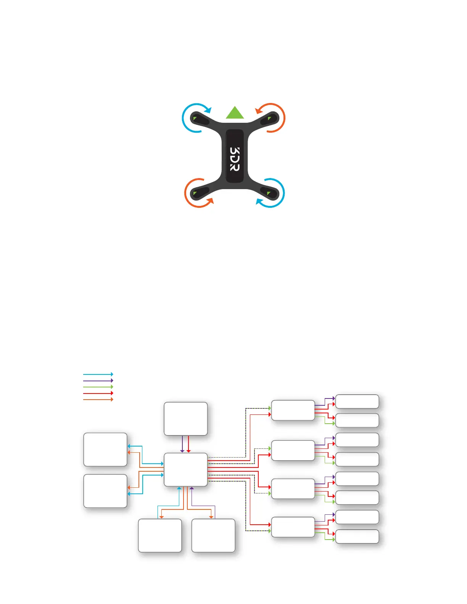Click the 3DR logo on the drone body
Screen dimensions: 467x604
coord(235,159)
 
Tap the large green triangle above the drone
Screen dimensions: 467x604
coord(235,113)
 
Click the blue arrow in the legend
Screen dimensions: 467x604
coord(98,374)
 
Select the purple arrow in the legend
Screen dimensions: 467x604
coord(98,381)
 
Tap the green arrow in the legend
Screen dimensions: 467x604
coord(98,387)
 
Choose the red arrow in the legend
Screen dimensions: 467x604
coord(98,393)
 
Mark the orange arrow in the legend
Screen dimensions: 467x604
coord(98,399)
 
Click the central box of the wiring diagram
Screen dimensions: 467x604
coord(185,469)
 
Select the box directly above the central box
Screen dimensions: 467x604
coord(185,418)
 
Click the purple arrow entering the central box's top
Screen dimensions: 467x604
coord(182,444)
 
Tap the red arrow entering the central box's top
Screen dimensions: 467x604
coord(188,444)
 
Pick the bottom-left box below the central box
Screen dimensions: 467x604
coord(160,535)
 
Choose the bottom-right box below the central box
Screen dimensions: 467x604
coord(213,535)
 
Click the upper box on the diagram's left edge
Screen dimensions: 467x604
coord(105,449)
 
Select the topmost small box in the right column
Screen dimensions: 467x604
coord(357,402)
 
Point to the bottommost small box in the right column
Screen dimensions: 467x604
coord(357,536)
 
